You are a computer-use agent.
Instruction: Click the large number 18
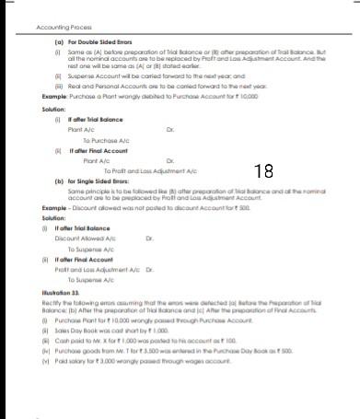click(263, 171)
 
